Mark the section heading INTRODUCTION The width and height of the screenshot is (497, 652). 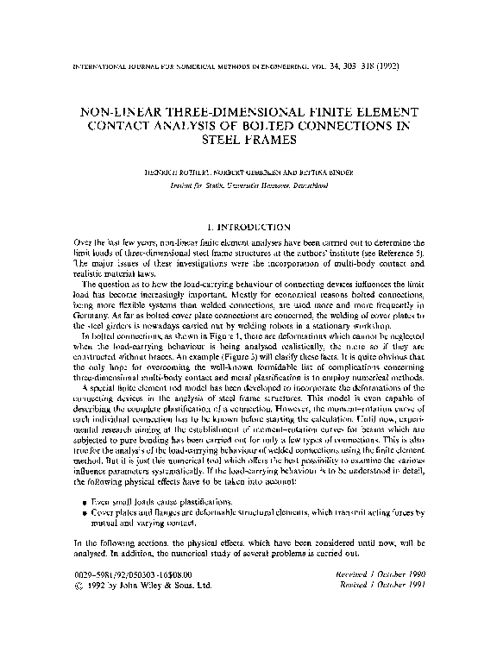[x=260, y=225]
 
